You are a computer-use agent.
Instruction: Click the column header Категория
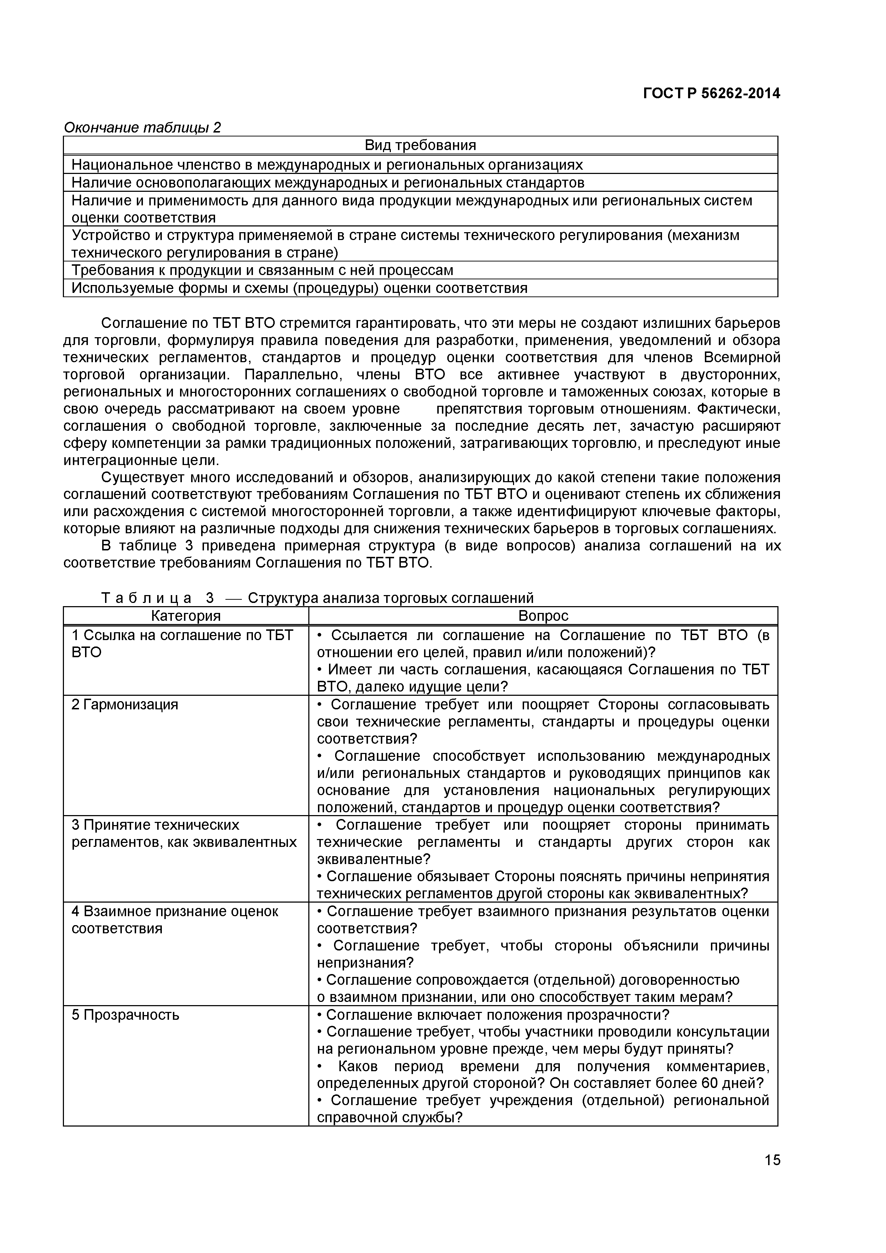pos(186,615)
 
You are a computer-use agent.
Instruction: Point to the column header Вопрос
pos(543,615)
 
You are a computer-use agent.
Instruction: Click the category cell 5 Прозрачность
pos(125,1015)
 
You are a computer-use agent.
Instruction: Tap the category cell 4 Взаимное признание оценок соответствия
pos(175,920)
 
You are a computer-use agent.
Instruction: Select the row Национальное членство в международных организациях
pos(327,164)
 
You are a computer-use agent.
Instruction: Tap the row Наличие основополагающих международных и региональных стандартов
pos(328,182)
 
